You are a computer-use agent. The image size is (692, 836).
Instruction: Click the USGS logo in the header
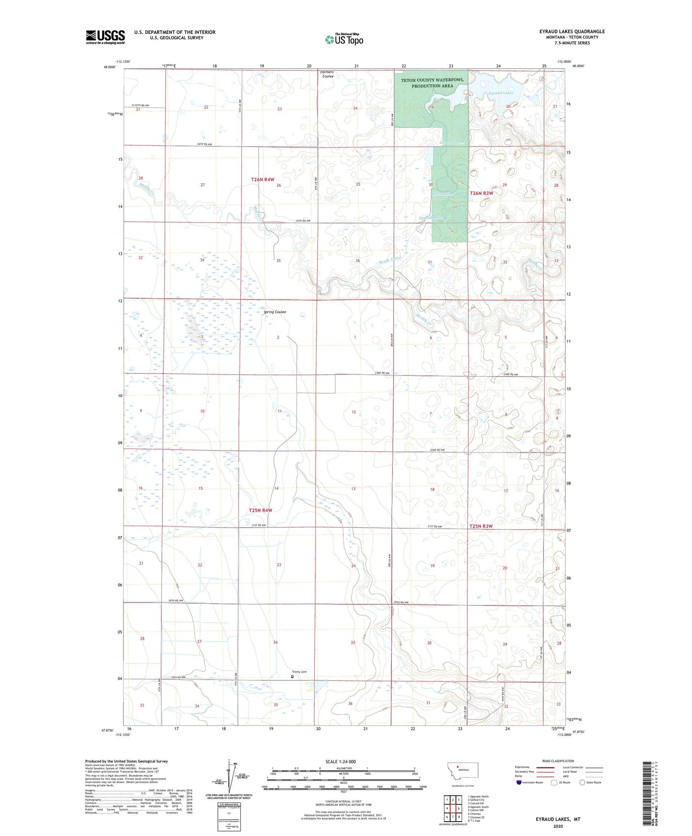click(x=105, y=37)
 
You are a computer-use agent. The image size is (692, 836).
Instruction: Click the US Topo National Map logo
click(x=344, y=39)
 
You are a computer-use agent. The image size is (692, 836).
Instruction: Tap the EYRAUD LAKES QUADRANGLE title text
click(x=572, y=32)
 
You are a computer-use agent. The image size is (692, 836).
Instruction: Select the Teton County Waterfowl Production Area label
click(x=432, y=83)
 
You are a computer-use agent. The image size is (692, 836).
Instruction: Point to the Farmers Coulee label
click(x=328, y=74)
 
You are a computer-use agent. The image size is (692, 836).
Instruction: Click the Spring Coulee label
click(x=275, y=312)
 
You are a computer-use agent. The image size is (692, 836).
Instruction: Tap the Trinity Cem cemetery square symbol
click(x=292, y=677)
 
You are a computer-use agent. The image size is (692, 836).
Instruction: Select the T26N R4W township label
click(x=262, y=180)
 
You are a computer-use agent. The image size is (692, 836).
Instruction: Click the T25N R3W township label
click(x=480, y=526)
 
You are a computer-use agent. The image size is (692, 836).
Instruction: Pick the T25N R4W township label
click(x=261, y=510)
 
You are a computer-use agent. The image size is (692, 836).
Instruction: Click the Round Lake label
click(x=442, y=194)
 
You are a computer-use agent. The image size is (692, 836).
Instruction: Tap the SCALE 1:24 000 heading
click(x=340, y=761)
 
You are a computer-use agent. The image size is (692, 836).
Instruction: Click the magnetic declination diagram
click(x=229, y=778)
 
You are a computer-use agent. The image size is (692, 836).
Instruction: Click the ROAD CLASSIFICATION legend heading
click(x=558, y=761)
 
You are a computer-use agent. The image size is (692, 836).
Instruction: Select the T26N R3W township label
click(x=481, y=193)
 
